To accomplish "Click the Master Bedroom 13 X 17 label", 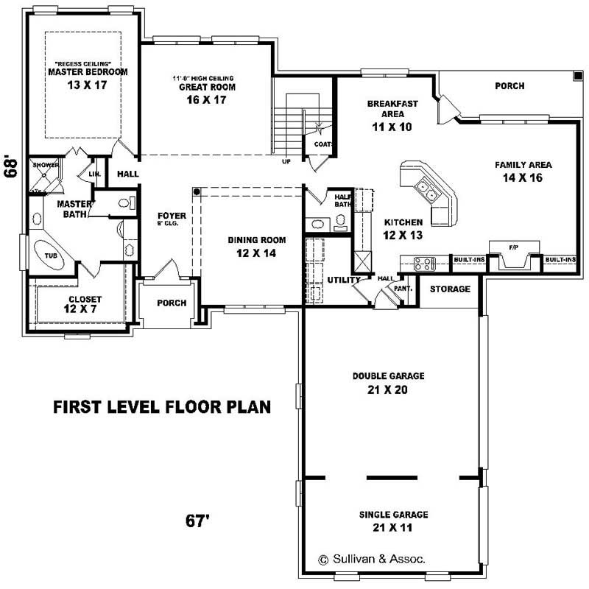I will point(88,78).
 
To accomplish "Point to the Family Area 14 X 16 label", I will point(523,171).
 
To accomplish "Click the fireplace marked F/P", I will point(515,255).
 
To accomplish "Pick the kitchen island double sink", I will point(426,190).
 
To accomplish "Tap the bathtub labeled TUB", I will point(52,255).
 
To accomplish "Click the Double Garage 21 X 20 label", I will point(388,382).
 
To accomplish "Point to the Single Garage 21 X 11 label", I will point(393,521).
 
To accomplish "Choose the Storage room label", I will point(450,289).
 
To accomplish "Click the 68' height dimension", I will point(10,166).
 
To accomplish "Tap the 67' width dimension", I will point(198,521).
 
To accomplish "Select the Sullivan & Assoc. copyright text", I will point(371,559).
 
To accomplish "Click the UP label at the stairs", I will point(286,162).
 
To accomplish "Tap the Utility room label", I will point(343,280).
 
